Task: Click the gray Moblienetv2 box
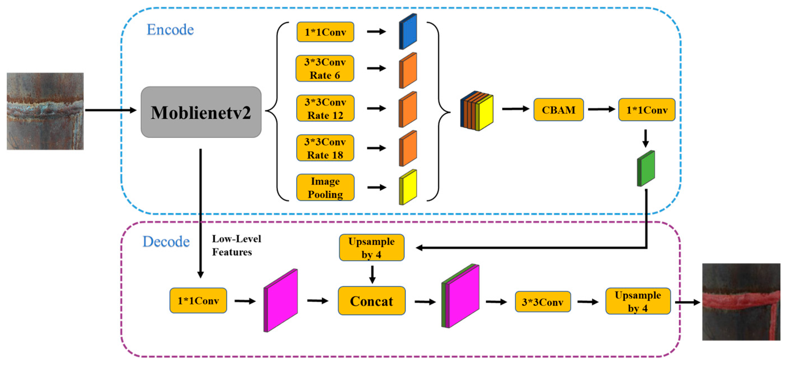201,112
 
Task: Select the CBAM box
558,110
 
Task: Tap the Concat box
372,301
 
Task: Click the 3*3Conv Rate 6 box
325,68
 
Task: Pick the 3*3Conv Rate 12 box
325,108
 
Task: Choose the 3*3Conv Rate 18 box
325,148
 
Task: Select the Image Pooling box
325,188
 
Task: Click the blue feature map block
408,32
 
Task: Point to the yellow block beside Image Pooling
408,187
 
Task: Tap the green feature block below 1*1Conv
646,168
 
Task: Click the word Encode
170,30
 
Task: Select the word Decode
166,242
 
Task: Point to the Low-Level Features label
236,245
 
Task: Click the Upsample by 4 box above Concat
372,248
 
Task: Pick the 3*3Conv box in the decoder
543,302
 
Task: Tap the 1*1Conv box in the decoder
198,301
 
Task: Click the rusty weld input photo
45,111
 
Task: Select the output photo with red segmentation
741,302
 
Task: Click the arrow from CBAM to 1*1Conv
601,109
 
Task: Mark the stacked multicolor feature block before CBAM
477,111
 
